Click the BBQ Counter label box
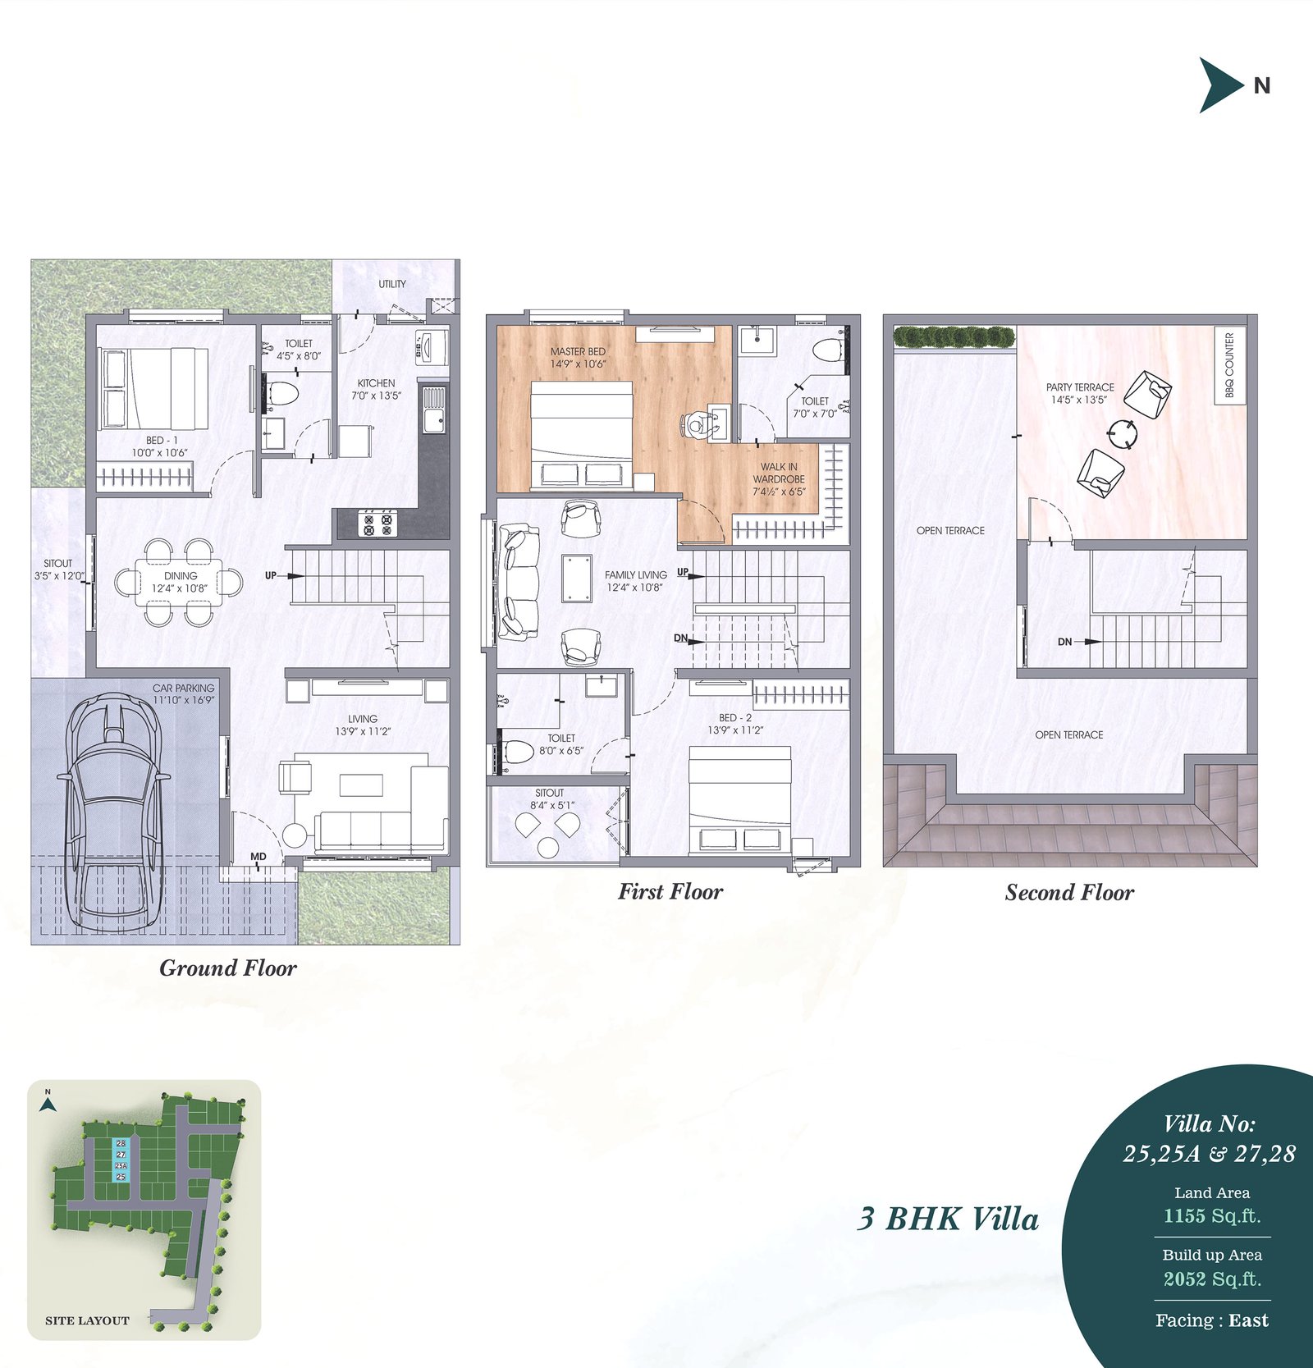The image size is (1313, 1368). [x=1229, y=365]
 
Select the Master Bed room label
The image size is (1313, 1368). [x=578, y=357]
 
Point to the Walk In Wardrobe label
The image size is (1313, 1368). [x=779, y=479]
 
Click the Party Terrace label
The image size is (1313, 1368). [x=1080, y=393]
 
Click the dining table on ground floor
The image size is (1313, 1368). [x=180, y=582]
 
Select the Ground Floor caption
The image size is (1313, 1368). [x=228, y=968]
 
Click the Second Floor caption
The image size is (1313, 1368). [x=1069, y=893]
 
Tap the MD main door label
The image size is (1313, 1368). [x=258, y=857]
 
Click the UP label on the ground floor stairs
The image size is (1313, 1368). [x=271, y=575]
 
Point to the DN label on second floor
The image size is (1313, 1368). [x=1064, y=642]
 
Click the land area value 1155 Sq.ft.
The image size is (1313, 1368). [x=1212, y=1215]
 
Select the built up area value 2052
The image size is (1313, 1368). [x=1185, y=1279]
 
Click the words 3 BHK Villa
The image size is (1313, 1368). [x=948, y=1219]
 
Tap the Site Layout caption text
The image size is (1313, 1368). [x=87, y=1320]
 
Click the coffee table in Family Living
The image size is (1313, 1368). [x=577, y=579]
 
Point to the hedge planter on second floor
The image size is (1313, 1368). [x=954, y=336]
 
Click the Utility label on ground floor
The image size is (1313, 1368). [x=392, y=284]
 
